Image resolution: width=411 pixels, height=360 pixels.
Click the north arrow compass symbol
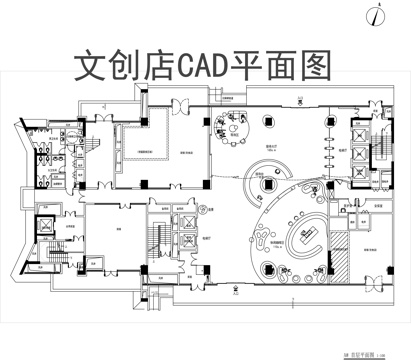click(x=379, y=14)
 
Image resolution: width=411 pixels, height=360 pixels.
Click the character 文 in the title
click(x=94, y=65)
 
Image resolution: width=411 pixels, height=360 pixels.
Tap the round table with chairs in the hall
click(x=234, y=126)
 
